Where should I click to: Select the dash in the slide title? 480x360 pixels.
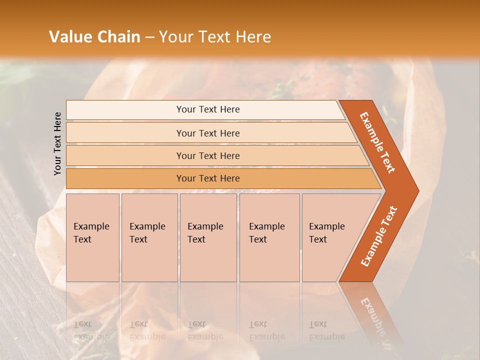pyautogui.click(x=149, y=37)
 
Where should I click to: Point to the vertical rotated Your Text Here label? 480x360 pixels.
pyautogui.click(x=57, y=143)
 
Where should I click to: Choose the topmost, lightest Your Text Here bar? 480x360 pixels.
pyautogui.click(x=207, y=109)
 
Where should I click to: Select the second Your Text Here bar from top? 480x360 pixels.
pyautogui.click(x=207, y=133)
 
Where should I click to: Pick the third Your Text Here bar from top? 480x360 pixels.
pyautogui.click(x=207, y=155)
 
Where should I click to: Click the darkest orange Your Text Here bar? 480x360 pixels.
pyautogui.click(x=207, y=178)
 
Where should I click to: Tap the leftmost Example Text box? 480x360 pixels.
pyautogui.click(x=92, y=237)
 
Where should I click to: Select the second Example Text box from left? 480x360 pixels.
pyautogui.click(x=149, y=237)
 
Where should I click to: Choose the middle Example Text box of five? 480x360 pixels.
pyautogui.click(x=208, y=237)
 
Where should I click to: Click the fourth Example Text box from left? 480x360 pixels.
pyautogui.click(x=269, y=237)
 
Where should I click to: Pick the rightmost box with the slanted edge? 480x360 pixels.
pyautogui.click(x=330, y=237)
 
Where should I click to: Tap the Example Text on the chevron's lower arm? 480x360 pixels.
pyautogui.click(x=378, y=236)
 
